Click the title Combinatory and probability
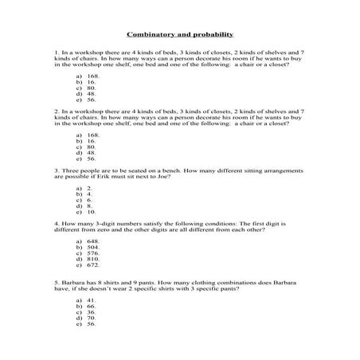click(179, 34)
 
